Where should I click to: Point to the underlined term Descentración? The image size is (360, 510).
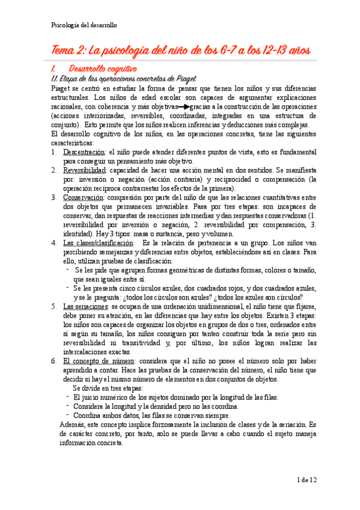tap(83, 153)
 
